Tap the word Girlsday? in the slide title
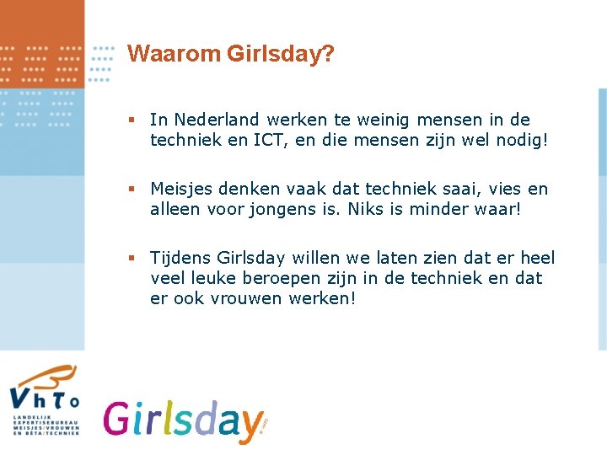pyautogui.click(x=280, y=55)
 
